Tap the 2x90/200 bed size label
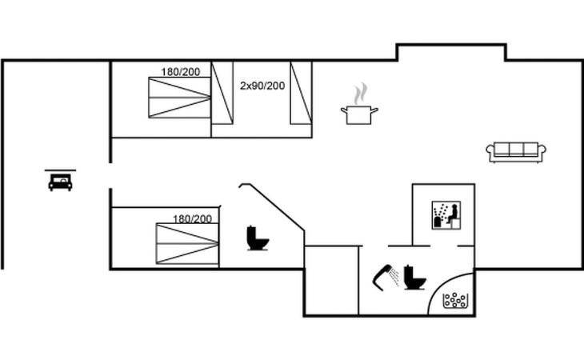(262, 85)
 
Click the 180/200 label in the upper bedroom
(180, 72)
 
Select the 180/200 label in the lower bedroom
(192, 218)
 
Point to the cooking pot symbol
(360, 114)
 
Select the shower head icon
(387, 275)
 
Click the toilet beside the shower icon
(414, 277)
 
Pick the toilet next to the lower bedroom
(257, 238)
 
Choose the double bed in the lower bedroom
(187, 244)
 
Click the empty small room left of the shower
(331, 279)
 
